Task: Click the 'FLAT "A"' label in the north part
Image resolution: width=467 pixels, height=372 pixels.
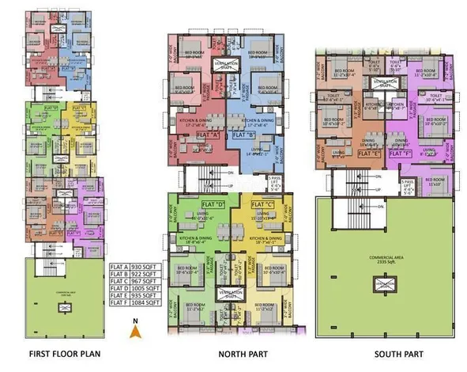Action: click(x=208, y=135)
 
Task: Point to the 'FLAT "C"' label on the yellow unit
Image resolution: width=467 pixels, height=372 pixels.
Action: click(x=251, y=205)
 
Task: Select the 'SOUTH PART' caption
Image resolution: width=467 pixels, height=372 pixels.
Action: click(x=387, y=353)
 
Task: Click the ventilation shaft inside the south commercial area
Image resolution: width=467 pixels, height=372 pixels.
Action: click(x=386, y=283)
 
